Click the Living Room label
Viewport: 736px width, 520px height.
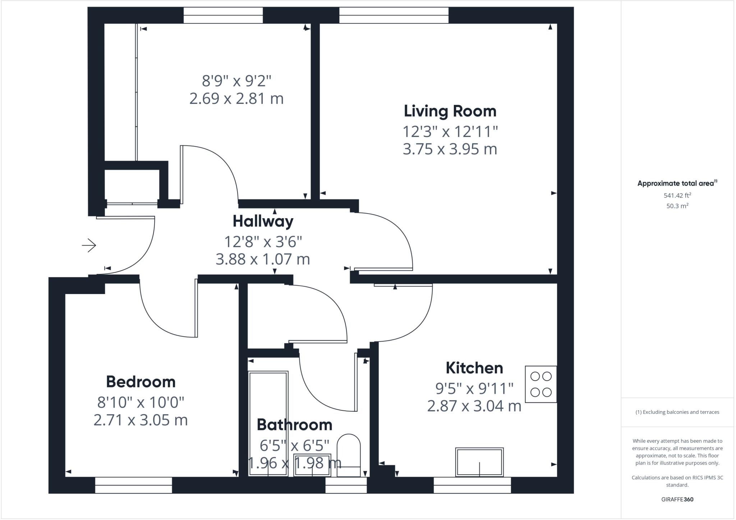450,111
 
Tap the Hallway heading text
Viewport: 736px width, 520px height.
263,221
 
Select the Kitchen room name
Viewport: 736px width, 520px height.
474,368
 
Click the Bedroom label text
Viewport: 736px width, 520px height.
141,382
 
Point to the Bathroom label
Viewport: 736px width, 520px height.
294,425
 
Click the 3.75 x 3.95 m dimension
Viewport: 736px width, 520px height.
450,149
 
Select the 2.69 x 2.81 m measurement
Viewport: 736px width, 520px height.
236,98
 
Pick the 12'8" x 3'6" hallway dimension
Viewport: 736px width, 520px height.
263,242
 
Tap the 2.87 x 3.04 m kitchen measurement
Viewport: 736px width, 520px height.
474,406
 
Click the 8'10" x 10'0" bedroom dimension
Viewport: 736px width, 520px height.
141,402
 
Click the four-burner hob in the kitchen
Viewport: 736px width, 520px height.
541,384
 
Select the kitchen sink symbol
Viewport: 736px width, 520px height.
479,462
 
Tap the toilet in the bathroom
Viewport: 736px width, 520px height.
349,455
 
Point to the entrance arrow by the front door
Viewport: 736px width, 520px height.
89,246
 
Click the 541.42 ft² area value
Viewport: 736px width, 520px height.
677,195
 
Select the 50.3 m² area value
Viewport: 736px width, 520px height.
677,206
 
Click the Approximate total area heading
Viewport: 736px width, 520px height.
677,183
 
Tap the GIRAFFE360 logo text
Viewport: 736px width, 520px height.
677,500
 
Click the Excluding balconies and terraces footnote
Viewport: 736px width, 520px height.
677,412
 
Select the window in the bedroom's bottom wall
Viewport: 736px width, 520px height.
134,485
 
